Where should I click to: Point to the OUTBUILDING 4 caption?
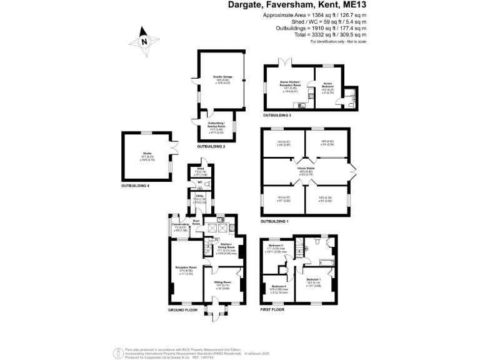pos(139,186)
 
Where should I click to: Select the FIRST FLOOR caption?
pos(272,310)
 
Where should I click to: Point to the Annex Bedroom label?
pos(328,84)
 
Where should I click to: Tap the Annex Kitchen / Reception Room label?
pos(291,84)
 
